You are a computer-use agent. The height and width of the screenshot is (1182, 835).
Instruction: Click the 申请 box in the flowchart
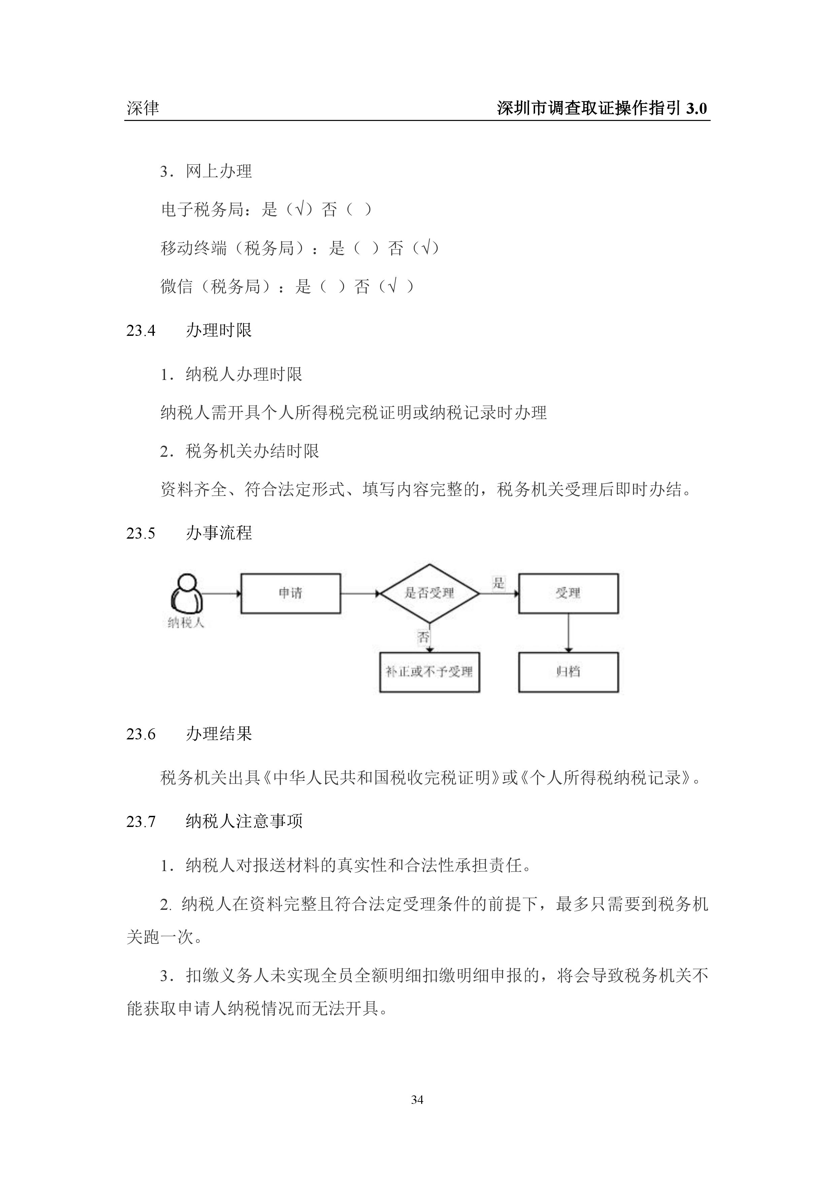click(291, 593)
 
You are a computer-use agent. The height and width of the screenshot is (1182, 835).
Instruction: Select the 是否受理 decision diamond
click(429, 593)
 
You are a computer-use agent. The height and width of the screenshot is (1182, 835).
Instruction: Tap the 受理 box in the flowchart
click(568, 593)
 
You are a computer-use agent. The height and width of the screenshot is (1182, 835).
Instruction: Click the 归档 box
click(568, 672)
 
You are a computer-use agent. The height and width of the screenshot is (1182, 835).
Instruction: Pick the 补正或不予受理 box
click(429, 672)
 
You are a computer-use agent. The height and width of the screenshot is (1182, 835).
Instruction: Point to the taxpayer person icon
click(186, 593)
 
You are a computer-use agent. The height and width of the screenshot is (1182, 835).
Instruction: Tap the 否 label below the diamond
click(423, 637)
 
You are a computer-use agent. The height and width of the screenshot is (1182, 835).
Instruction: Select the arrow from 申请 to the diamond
click(360, 594)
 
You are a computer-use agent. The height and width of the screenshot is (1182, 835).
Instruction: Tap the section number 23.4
click(140, 330)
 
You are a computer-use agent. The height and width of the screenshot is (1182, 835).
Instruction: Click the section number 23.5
click(140, 533)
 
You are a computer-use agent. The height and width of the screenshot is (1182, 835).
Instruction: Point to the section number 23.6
click(140, 734)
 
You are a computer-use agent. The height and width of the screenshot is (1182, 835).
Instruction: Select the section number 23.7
click(140, 822)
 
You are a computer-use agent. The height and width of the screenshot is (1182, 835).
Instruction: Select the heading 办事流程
click(219, 533)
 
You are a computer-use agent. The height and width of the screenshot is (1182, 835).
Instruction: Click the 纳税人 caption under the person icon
click(186, 623)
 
